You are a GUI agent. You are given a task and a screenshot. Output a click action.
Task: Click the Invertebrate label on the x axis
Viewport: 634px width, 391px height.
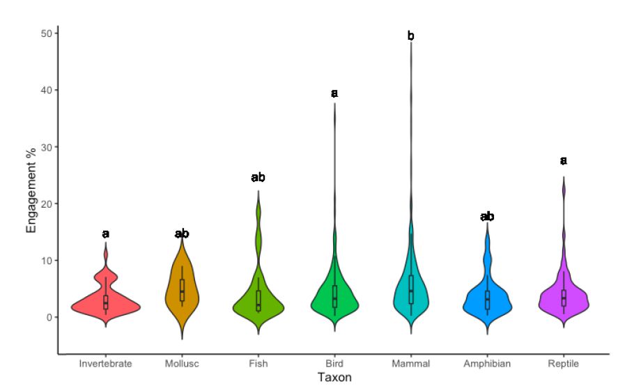pos(105,363)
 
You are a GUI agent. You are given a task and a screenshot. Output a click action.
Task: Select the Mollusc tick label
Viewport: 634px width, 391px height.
pos(182,363)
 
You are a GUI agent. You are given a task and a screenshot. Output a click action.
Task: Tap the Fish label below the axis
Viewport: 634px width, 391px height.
pos(258,363)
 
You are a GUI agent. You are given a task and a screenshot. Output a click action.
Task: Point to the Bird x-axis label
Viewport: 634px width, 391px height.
pos(334,363)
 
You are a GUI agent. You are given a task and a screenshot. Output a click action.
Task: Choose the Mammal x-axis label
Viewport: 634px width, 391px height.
pos(411,363)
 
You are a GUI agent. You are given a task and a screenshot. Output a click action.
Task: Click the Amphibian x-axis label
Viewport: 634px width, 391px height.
pos(487,363)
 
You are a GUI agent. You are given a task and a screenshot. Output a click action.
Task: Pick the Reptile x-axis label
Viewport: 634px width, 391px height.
pos(564,363)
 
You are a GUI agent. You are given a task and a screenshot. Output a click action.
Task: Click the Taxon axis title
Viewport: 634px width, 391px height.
pos(334,378)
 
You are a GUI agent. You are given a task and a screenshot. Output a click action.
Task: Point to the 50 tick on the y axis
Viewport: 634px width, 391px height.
pos(43,33)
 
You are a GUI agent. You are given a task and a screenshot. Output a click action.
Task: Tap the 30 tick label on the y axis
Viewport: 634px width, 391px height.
pos(43,147)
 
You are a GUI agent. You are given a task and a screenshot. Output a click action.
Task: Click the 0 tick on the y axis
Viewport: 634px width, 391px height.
pos(46,317)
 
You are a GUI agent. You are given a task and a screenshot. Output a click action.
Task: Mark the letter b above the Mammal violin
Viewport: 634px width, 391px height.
pos(411,36)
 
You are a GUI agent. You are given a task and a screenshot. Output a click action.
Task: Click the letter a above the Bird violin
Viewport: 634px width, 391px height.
pos(334,93)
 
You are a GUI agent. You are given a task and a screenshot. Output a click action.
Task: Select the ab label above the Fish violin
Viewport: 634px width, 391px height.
pos(258,178)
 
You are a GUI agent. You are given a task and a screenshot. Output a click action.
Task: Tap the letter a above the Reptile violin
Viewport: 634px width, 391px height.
pos(564,161)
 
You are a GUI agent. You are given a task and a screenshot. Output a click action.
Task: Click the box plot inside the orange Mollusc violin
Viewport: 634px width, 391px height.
pos(182,290)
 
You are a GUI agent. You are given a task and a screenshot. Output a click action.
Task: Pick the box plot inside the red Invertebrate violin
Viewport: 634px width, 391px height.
pos(105,301)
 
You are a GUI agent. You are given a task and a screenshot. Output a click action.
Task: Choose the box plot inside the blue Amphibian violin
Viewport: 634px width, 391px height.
pos(487,300)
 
